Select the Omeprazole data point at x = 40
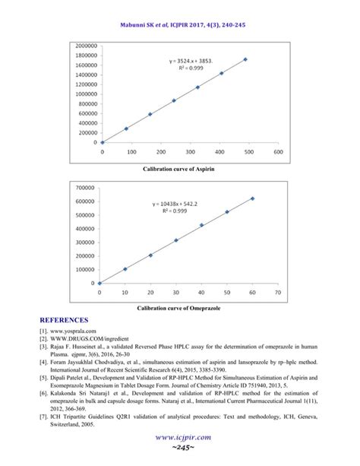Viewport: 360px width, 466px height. tap(201, 225)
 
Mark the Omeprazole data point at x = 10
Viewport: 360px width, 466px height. tap(125, 269)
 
